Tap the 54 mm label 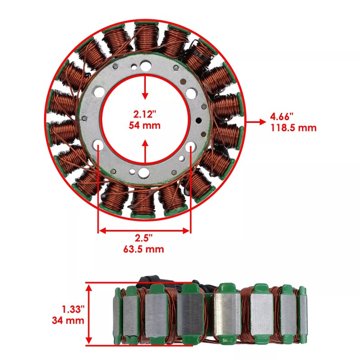145,125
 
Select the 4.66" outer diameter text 281,117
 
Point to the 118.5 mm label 293,128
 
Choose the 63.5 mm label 144,249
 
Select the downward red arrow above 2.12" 145,88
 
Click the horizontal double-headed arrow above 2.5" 144,230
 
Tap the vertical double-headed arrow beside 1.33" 90,314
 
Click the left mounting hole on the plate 98,145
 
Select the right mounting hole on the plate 190,146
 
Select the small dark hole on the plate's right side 198,121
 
